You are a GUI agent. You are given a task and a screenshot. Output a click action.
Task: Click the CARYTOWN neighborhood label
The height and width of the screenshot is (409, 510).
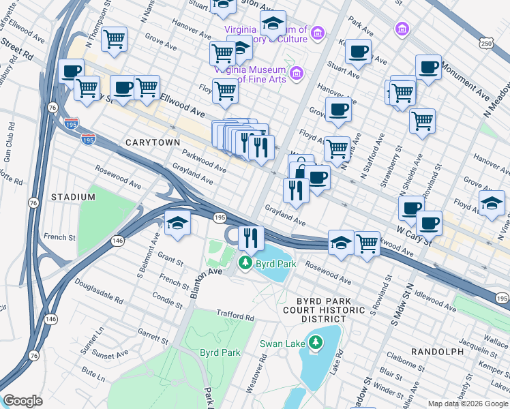pyautogui.click(x=153, y=142)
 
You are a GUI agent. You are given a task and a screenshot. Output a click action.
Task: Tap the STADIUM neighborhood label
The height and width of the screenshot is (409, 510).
pyautogui.click(x=73, y=197)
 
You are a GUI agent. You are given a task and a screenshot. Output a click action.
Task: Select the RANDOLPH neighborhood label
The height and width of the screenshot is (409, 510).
pyautogui.click(x=437, y=351)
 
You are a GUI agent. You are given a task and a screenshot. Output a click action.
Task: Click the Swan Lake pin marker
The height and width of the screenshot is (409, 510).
pyautogui.click(x=315, y=342)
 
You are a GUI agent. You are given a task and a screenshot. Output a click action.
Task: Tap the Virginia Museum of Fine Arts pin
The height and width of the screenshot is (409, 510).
pyautogui.click(x=297, y=73)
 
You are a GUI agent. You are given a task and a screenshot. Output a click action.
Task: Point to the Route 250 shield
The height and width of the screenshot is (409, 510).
pyautogui.click(x=485, y=44)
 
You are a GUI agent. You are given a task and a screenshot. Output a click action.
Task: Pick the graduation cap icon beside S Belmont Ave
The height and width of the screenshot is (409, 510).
pyautogui.click(x=177, y=223)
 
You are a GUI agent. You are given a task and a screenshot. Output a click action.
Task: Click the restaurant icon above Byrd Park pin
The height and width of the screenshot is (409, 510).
pyautogui.click(x=251, y=238)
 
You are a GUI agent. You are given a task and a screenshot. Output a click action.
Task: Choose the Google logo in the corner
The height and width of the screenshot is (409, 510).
pyautogui.click(x=22, y=401)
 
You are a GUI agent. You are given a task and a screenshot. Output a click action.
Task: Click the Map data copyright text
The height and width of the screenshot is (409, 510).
pyautogui.click(x=467, y=404)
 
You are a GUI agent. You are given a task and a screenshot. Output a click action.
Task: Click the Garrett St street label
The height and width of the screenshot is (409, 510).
pyautogui.click(x=153, y=338)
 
